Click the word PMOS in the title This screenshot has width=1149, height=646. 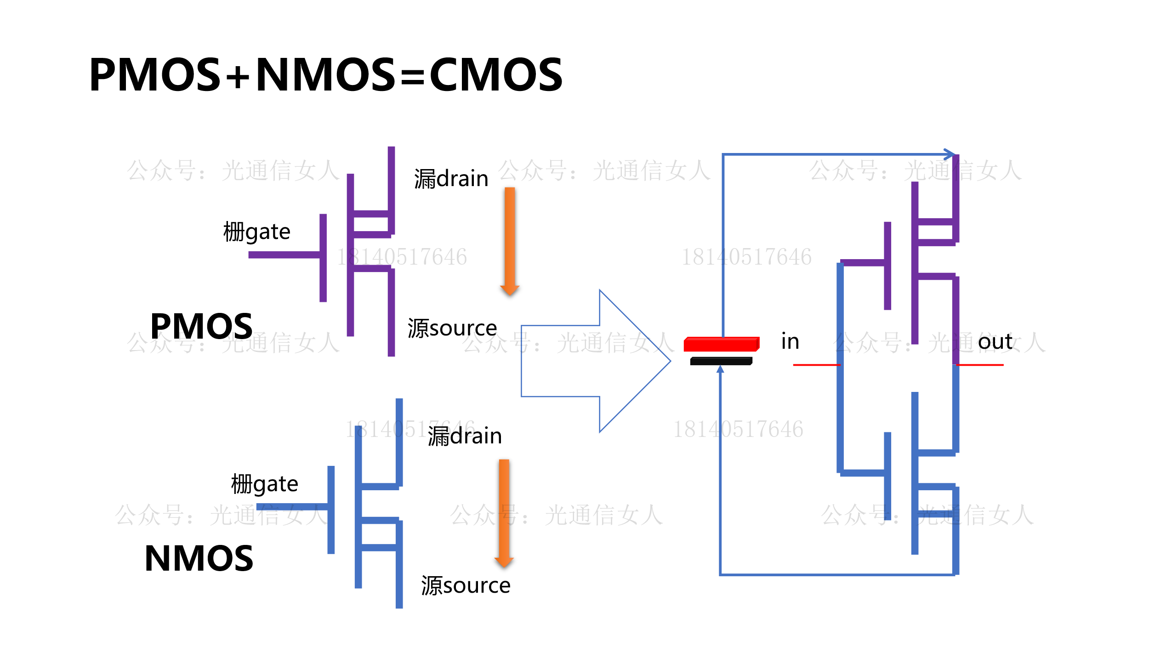155,74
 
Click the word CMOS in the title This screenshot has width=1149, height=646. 496,74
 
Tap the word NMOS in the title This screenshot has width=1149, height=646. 325,74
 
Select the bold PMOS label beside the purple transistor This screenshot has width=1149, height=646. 201,326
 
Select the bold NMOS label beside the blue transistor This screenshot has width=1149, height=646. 199,559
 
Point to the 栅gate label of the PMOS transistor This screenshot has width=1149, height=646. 256,232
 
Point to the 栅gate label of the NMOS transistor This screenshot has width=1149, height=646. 264,485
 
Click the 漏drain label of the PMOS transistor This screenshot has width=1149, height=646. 451,179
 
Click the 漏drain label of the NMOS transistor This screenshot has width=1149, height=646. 465,436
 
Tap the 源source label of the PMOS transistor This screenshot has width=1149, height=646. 452,329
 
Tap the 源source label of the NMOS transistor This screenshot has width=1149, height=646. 466,586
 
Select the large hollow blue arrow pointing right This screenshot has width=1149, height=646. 597,361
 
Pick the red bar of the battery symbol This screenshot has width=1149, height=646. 721,344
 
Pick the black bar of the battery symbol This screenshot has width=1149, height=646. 721,361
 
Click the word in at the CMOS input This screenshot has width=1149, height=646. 790,342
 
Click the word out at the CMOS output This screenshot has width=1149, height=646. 995,342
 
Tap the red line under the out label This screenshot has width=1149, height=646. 980,365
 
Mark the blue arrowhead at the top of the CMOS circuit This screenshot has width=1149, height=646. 950,154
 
